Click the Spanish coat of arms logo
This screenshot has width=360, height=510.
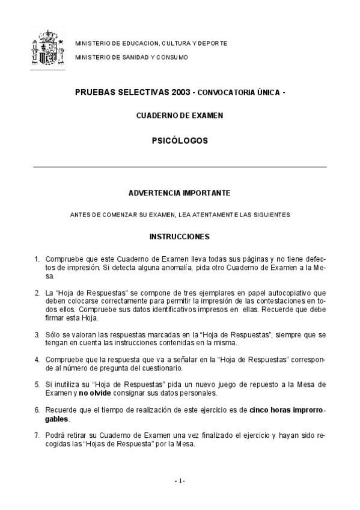[x=47, y=48]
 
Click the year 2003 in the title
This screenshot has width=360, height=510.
[x=180, y=93]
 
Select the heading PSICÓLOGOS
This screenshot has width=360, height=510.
[x=179, y=141]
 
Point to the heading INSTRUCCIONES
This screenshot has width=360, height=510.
[x=179, y=236]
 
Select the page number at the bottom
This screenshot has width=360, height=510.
[x=180, y=481]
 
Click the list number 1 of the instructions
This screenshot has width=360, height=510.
[x=37, y=260]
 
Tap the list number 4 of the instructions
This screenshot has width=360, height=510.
[x=37, y=360]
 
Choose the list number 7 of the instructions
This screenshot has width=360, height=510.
[x=37, y=434]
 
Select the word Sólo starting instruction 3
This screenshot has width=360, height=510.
[x=53, y=334]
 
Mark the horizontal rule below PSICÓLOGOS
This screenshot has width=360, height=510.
[x=179, y=167]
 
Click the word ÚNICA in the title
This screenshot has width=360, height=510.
[x=264, y=93]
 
